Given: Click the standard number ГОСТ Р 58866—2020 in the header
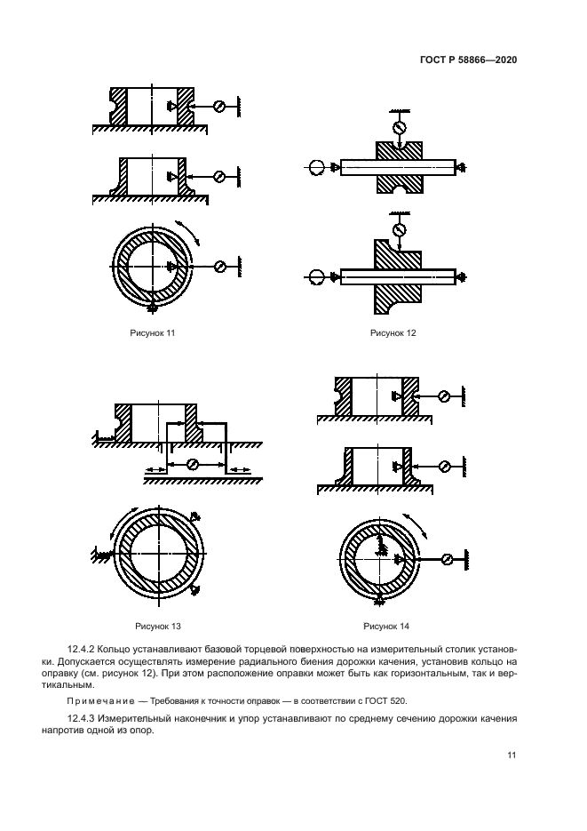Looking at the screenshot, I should pyautogui.click(x=468, y=60).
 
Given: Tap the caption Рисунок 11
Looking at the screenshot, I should pyautogui.click(x=153, y=333).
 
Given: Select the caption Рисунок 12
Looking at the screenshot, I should pyautogui.click(x=393, y=333).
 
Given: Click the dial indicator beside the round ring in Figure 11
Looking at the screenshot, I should pyautogui.click(x=220, y=267).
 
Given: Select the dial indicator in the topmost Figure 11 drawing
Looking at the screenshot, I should pyautogui.click(x=220, y=106).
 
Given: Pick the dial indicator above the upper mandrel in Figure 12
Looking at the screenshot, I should pyautogui.click(x=399, y=127).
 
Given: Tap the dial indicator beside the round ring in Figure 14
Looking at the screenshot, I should pyautogui.click(x=448, y=558).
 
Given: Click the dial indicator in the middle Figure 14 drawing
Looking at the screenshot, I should pyautogui.click(x=445, y=464).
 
